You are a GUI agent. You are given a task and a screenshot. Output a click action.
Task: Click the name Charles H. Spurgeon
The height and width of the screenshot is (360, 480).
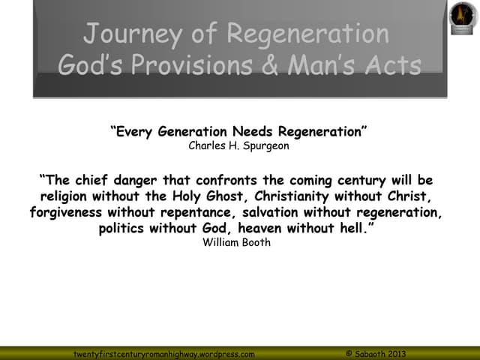238,146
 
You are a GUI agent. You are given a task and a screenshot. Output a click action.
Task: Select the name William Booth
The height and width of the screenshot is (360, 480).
237,242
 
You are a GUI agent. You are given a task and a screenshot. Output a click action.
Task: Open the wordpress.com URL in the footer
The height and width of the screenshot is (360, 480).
163,353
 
